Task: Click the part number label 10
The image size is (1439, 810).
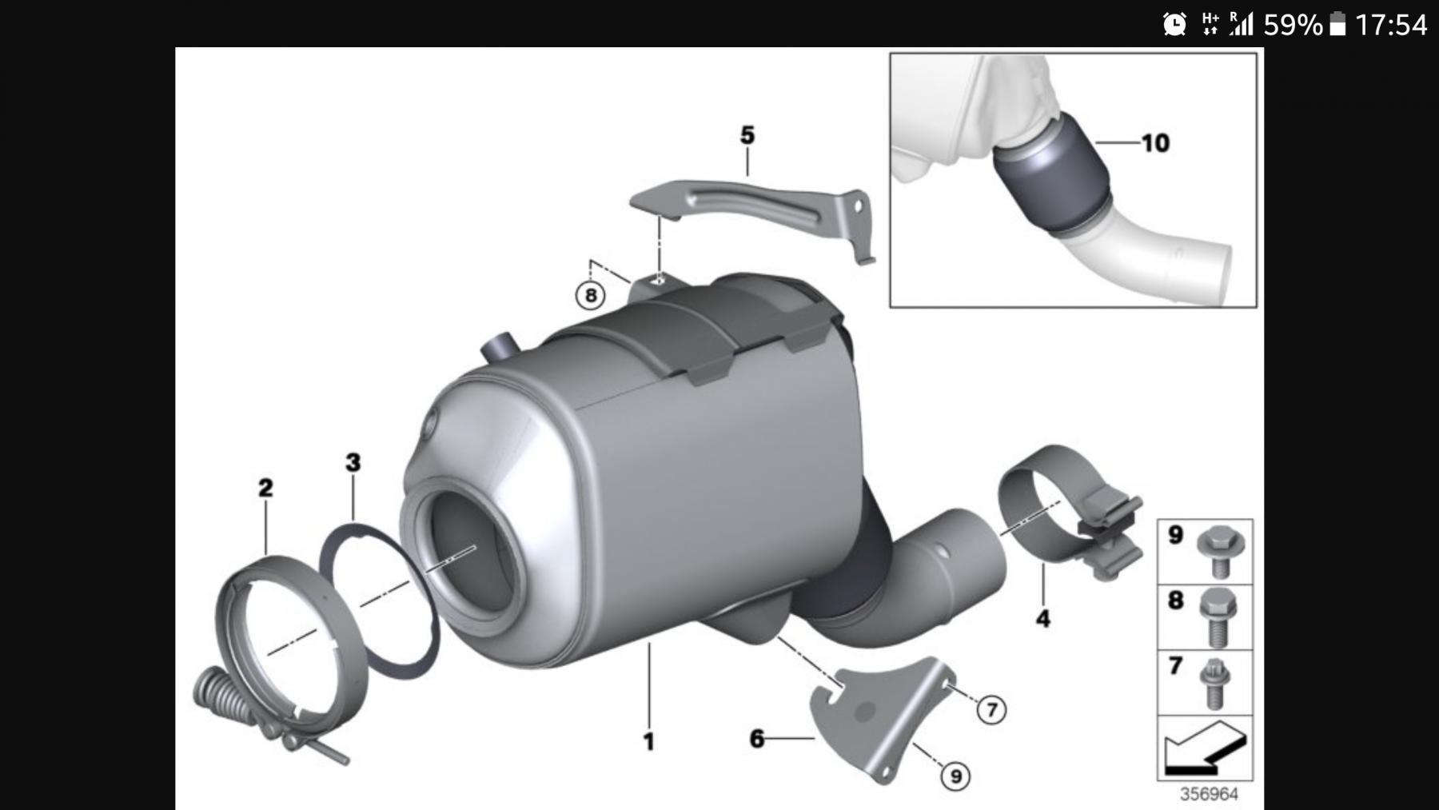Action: [x=1155, y=143]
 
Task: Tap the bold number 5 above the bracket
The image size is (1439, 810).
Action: [x=747, y=135]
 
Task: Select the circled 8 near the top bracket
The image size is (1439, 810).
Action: [x=590, y=296]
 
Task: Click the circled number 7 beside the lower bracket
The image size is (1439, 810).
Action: [x=991, y=709]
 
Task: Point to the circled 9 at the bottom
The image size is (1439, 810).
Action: [x=955, y=776]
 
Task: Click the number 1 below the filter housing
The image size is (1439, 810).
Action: [x=649, y=741]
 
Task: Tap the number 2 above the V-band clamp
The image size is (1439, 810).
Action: [x=266, y=487]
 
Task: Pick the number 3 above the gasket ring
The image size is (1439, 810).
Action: [x=353, y=462]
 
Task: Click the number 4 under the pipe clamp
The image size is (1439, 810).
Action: [x=1043, y=618]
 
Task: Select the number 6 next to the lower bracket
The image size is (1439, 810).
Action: [x=757, y=738]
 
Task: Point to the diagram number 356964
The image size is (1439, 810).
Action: [x=1210, y=794]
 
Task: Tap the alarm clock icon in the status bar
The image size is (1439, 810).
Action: [x=1174, y=24]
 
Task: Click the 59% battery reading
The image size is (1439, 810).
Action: [x=1293, y=25]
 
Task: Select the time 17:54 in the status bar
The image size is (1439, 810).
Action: [x=1391, y=25]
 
